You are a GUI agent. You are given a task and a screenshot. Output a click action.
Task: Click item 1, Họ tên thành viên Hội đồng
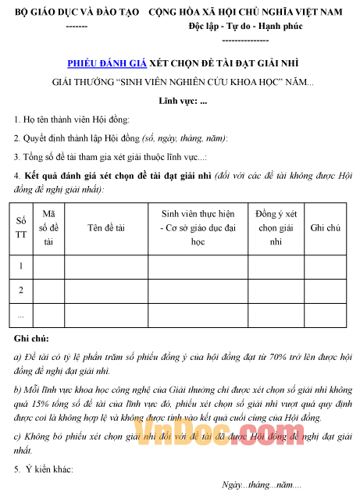(72, 119)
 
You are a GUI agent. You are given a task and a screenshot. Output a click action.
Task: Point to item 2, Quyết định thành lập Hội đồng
(121, 138)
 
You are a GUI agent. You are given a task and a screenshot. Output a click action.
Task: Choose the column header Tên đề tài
(106, 228)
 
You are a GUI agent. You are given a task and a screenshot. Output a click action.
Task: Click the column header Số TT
(21, 228)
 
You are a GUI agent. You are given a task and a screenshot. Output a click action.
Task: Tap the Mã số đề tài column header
(48, 227)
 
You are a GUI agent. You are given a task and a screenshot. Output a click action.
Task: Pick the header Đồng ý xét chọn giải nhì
(276, 227)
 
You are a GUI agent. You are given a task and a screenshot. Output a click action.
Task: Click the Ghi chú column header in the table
(326, 228)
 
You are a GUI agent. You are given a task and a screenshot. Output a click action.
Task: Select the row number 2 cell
(21, 290)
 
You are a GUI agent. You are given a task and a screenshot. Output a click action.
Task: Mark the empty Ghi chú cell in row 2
(326, 290)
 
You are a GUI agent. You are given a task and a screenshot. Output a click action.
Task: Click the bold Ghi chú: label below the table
(31, 337)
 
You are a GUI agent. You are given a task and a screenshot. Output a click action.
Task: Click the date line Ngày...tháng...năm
(262, 485)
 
